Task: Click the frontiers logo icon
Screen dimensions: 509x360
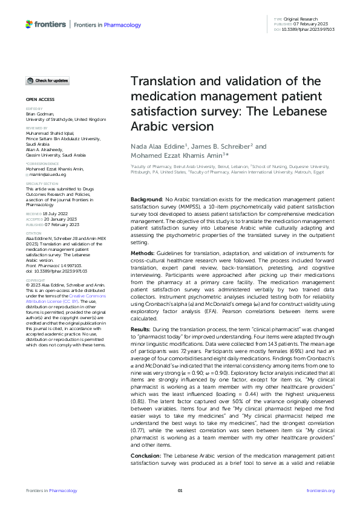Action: (30, 24)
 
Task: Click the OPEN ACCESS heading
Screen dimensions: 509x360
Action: (39, 98)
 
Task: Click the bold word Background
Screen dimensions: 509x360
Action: (147, 199)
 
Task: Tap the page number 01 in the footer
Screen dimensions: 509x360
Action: (180, 491)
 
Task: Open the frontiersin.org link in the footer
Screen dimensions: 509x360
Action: (321, 491)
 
